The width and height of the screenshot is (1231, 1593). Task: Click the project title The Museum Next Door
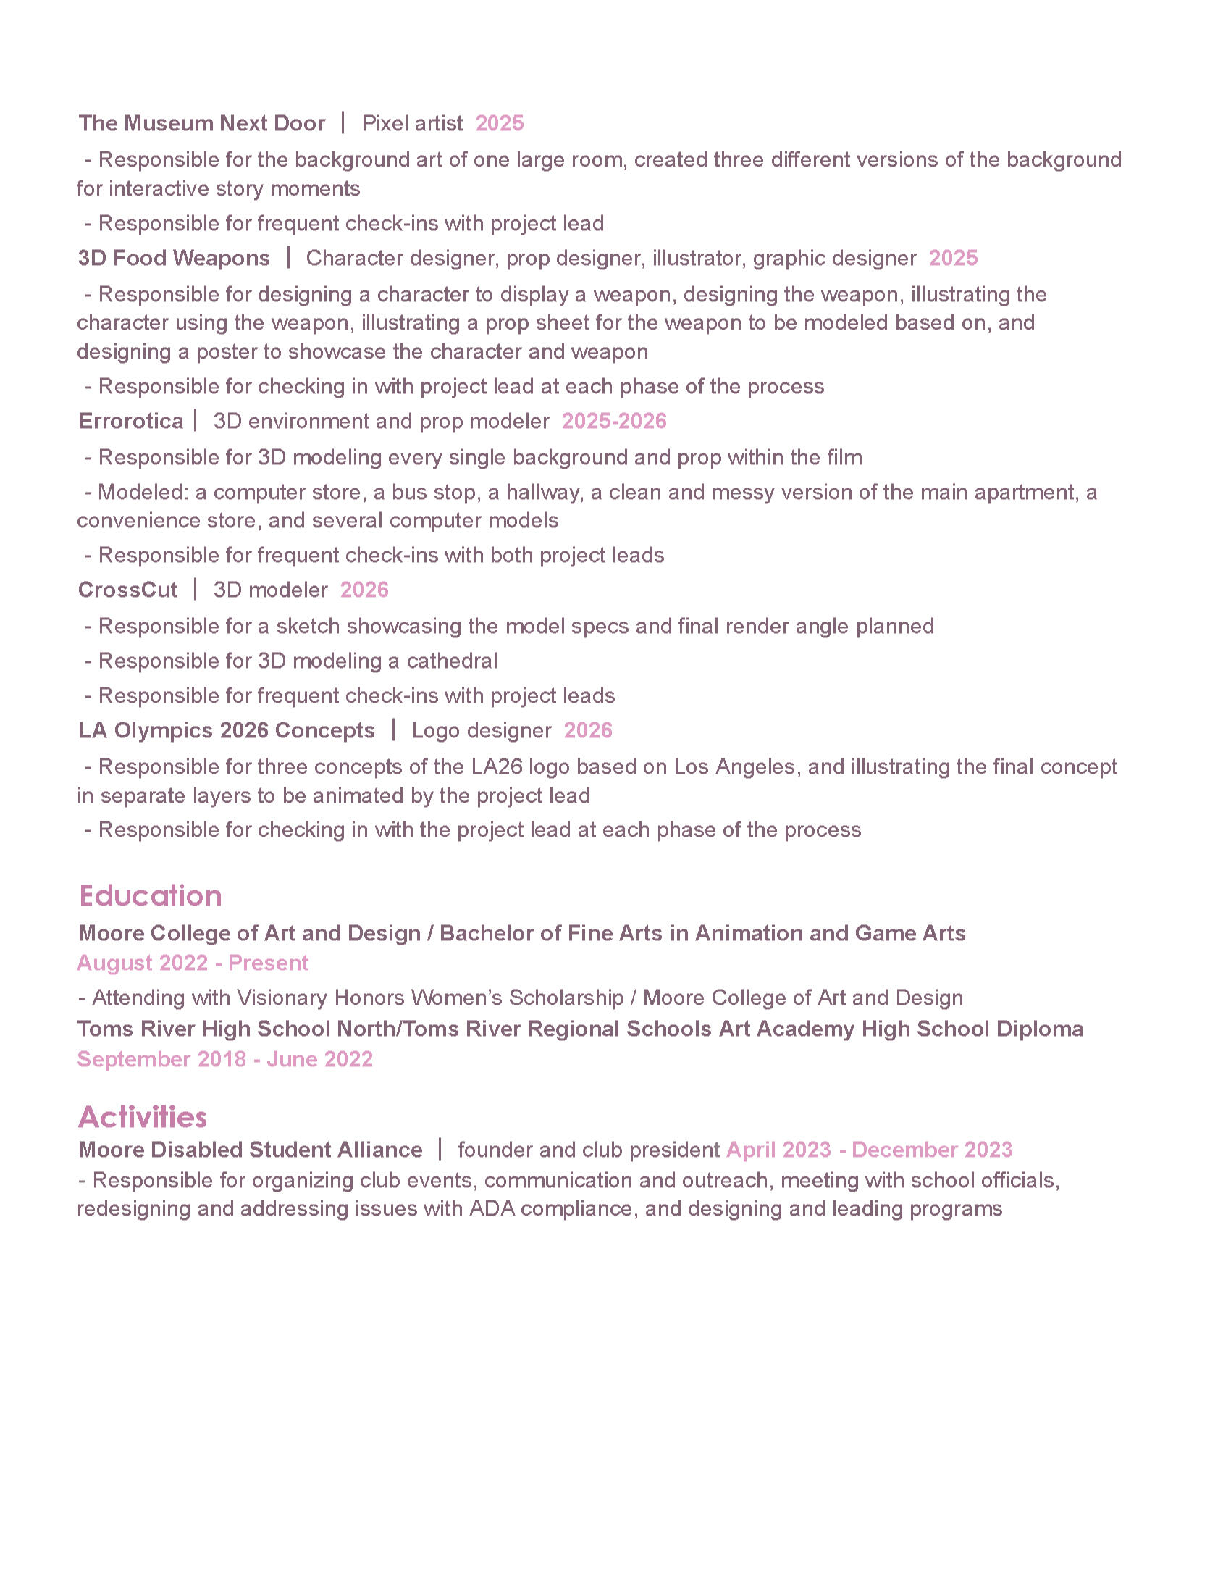[x=201, y=123]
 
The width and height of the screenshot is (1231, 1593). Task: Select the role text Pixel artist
[x=412, y=123]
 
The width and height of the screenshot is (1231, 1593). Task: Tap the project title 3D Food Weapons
[x=174, y=258]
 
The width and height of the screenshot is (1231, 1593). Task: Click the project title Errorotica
[x=130, y=421]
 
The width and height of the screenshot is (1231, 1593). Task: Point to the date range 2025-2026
[x=614, y=421]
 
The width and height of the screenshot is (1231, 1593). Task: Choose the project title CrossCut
[x=127, y=590]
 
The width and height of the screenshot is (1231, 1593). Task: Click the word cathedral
[x=452, y=661]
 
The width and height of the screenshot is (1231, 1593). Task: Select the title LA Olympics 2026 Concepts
[x=226, y=730]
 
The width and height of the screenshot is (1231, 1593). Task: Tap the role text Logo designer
[x=482, y=730]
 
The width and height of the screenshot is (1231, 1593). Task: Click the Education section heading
[x=150, y=895]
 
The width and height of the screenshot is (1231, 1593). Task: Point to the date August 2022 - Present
[x=193, y=963]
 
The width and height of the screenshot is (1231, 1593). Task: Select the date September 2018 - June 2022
[x=224, y=1059]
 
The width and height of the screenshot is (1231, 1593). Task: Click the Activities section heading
[x=142, y=1117]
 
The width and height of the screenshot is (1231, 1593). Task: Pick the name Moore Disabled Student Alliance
[x=250, y=1150]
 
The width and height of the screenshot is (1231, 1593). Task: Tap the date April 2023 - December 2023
[x=869, y=1150]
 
